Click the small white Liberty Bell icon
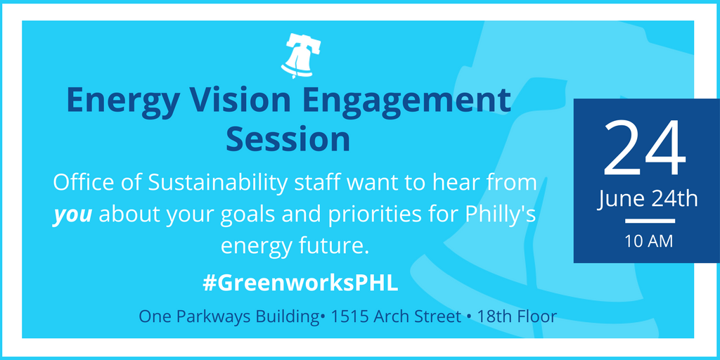(x=301, y=56)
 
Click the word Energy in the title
(x=121, y=100)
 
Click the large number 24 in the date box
(x=645, y=147)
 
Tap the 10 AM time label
(x=648, y=241)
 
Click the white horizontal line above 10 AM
(x=650, y=221)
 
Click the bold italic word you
(x=72, y=216)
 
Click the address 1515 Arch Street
(x=396, y=316)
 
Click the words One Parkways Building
(x=229, y=317)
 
